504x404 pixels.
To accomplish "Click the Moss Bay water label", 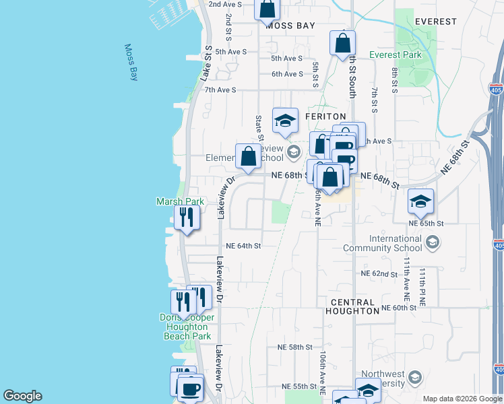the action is [x=131, y=63].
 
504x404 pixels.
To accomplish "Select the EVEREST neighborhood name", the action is [x=435, y=22].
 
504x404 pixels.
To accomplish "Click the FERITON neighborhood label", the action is [x=325, y=116].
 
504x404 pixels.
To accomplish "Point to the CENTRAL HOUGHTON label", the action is [x=352, y=306].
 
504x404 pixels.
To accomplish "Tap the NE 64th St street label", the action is [x=243, y=246].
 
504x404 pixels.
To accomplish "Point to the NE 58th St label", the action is [x=295, y=347].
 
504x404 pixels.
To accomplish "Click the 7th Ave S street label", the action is [x=220, y=90].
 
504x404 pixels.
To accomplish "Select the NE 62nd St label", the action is [x=379, y=274].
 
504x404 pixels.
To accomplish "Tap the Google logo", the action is [x=22, y=396].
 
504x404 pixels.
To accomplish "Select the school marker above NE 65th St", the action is [x=420, y=201].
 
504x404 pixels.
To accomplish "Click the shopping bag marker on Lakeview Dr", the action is [x=249, y=157].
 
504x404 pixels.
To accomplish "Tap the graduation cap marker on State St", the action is [x=285, y=121].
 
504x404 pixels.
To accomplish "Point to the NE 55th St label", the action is [x=299, y=386].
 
